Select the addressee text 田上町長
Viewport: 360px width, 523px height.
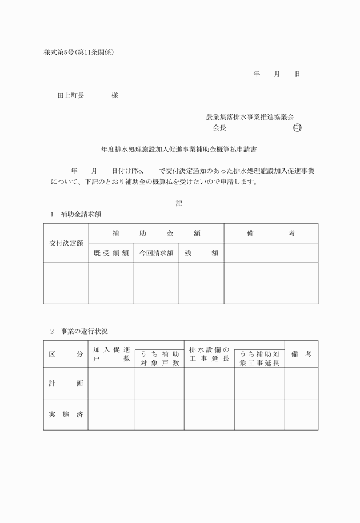click(x=71, y=96)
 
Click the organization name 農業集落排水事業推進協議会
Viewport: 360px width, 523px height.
click(x=254, y=117)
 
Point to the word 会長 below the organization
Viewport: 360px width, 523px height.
click(x=219, y=128)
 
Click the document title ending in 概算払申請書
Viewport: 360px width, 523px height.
click(x=179, y=151)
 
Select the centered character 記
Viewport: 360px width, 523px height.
click(x=179, y=203)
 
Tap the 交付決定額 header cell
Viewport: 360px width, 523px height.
click(x=66, y=243)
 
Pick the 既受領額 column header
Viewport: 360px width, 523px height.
click(x=111, y=253)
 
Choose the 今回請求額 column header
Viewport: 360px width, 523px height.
click(x=156, y=253)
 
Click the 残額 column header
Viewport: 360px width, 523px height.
click(x=201, y=253)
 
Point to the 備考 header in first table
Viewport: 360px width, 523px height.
click(x=271, y=234)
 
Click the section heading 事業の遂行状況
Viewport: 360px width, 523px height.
click(x=83, y=331)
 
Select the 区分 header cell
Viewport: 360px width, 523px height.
click(x=66, y=354)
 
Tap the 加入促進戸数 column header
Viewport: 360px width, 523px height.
click(x=111, y=354)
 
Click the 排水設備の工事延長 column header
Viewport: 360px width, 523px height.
click(x=209, y=354)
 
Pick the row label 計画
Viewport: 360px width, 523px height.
click(x=66, y=383)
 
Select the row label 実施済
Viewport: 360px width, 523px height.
click(x=66, y=415)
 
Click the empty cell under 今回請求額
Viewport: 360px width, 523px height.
click(x=156, y=283)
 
